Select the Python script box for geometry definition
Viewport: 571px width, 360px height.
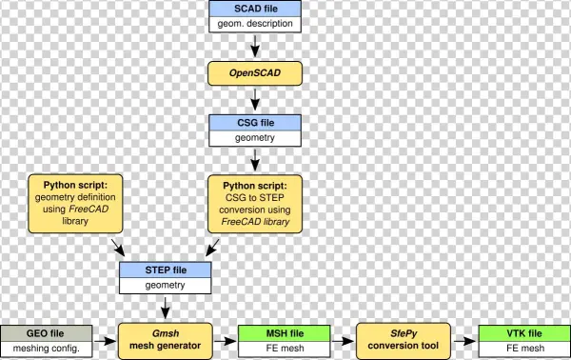point(73,202)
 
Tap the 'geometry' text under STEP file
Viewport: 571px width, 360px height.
point(166,284)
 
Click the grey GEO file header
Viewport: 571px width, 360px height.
point(46,332)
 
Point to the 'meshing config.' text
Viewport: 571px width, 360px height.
point(46,349)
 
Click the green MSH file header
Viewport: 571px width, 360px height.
point(285,332)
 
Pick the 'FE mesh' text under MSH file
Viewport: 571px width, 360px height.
point(285,349)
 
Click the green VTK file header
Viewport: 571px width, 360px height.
point(524,332)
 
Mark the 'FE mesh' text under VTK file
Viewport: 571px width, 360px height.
point(524,349)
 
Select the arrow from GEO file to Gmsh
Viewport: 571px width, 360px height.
point(105,340)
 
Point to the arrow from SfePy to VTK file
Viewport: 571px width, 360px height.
point(465,340)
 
